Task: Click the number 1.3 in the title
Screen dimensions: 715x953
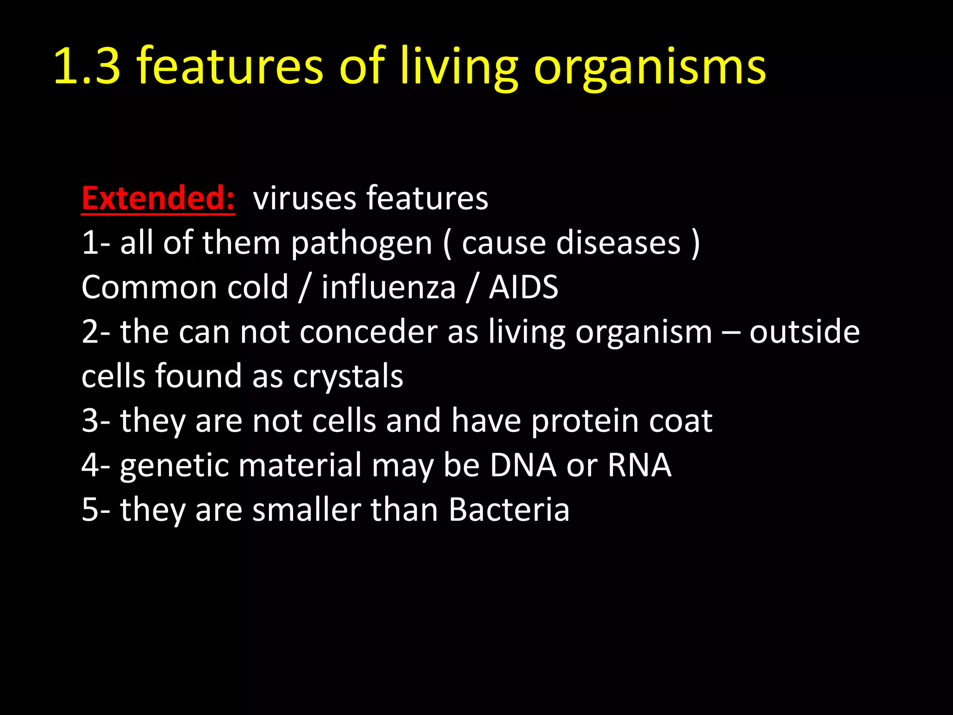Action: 87,66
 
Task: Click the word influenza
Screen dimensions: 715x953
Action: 389,287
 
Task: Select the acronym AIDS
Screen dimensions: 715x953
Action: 523,287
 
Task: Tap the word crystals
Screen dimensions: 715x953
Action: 348,377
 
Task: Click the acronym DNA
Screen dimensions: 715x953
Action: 523,465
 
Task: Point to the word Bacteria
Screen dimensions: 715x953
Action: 509,509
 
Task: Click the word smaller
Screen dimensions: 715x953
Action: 306,509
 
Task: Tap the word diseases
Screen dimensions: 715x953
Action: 618,243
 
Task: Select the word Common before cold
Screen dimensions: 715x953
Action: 148,287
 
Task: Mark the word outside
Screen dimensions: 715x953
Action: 804,332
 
